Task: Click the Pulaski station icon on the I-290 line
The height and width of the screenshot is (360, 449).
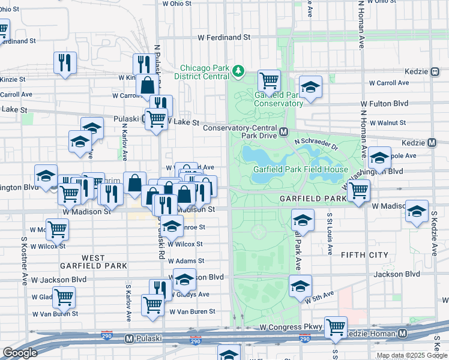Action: [x=128, y=338]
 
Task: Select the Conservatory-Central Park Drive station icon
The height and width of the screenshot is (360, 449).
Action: [x=284, y=131]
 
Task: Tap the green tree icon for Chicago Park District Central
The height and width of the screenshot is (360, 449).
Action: [x=239, y=71]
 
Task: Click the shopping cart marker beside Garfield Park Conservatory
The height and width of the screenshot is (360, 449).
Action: [x=269, y=80]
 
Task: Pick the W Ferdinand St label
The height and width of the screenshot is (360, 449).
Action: [x=224, y=37]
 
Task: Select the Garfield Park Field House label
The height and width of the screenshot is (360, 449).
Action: [x=300, y=169]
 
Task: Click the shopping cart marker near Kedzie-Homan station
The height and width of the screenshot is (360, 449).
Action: [x=335, y=328]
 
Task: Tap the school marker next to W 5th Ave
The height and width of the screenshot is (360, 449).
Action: [x=300, y=286]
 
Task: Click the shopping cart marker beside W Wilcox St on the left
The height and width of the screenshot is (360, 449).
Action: [x=57, y=229]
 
